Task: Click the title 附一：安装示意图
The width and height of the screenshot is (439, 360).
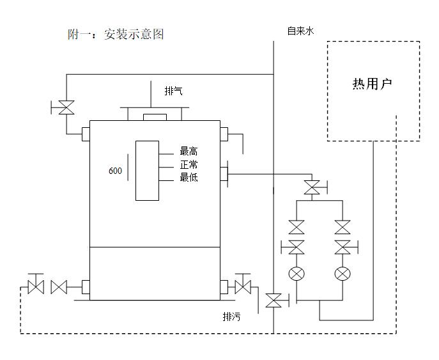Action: [x=116, y=35]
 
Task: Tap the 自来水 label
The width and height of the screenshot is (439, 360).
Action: [x=300, y=30]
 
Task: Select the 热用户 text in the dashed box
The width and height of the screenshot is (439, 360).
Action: [x=373, y=84]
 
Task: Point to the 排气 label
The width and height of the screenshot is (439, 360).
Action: [x=174, y=91]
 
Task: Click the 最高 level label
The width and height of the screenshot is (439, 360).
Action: [x=189, y=152]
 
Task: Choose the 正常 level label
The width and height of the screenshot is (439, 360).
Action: [x=189, y=165]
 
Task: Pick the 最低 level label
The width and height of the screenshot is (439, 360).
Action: [x=189, y=177]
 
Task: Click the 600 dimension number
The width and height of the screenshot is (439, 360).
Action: [x=115, y=171]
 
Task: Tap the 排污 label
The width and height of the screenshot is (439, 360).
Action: [x=231, y=317]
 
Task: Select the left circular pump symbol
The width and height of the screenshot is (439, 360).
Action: [x=296, y=274]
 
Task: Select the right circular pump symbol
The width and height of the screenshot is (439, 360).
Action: [x=343, y=274]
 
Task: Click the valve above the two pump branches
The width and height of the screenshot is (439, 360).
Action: [x=312, y=187]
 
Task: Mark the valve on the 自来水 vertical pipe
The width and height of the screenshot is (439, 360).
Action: [x=273, y=300]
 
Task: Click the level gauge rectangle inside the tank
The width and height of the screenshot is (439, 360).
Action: [x=147, y=170]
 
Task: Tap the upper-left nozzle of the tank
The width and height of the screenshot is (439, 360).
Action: [x=85, y=134]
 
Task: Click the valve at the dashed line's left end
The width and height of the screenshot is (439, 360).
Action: [x=35, y=287]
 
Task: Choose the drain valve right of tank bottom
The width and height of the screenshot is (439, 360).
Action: [x=243, y=286]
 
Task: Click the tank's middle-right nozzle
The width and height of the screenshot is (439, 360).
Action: [x=224, y=173]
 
